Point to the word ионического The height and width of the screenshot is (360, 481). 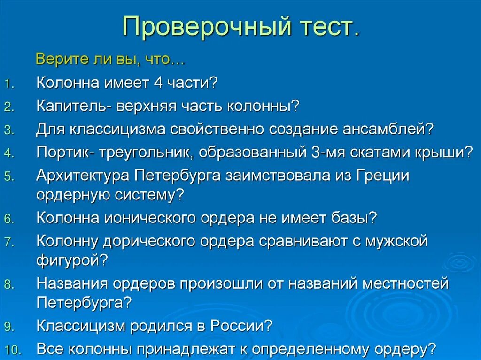(x=152, y=218)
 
